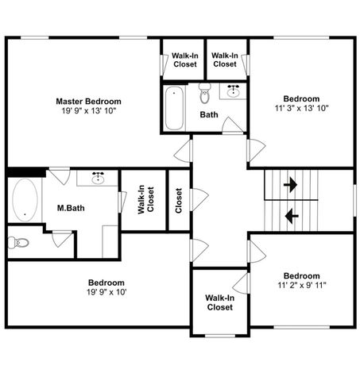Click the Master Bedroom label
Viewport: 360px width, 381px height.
click(x=88, y=101)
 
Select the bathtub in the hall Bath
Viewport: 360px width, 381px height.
click(x=175, y=108)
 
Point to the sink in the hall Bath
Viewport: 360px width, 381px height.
click(x=234, y=92)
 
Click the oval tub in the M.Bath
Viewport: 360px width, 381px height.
click(x=25, y=199)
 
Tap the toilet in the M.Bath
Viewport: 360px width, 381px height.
click(x=20, y=242)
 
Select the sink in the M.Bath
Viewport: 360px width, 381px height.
click(x=99, y=178)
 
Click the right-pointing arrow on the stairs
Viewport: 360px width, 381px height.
click(x=290, y=185)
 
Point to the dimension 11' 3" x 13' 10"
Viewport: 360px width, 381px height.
click(x=302, y=108)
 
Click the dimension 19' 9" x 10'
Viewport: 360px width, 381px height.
click(x=106, y=292)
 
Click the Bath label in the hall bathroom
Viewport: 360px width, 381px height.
click(x=209, y=115)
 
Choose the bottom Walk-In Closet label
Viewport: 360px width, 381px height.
click(x=219, y=302)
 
